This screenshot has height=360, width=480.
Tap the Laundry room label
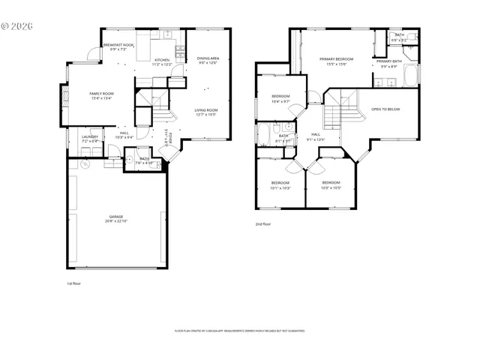click(x=89, y=139)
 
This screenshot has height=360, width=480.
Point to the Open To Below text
click(x=385, y=109)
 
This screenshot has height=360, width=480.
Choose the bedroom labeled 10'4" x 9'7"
click(x=280, y=99)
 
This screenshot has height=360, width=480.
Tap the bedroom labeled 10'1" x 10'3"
click(x=280, y=185)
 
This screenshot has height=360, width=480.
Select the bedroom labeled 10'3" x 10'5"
click(x=331, y=185)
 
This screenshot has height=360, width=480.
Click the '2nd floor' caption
click(x=263, y=223)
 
